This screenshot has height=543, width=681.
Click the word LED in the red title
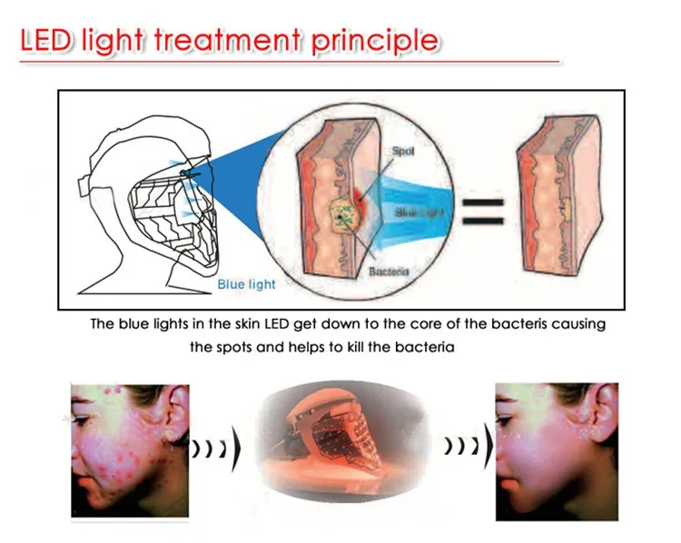(47, 41)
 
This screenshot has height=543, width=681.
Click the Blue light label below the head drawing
(245, 284)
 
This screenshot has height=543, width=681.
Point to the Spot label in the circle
(404, 151)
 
